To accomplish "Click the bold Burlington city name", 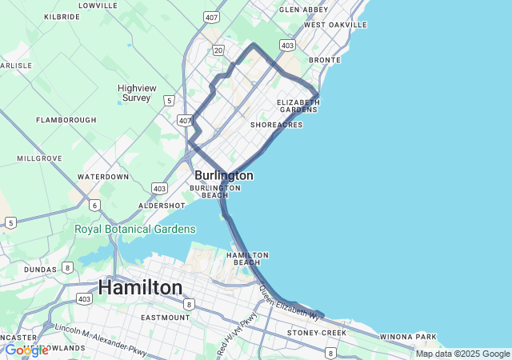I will coord(224,175).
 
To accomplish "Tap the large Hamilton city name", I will coord(140,287).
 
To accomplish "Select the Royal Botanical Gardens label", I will coord(135,229).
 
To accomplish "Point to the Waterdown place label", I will coord(103,176).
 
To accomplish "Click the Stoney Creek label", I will coord(318,332).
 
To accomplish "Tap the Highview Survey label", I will coord(137,93).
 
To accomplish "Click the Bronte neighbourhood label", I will coord(325,60).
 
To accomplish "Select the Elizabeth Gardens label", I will coord(298,106).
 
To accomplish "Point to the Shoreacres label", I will coord(276,125).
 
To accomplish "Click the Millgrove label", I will coord(38,158).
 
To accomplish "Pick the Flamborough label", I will coord(66,120).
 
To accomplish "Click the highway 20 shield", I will coord(218,50).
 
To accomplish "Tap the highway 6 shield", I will coord(94,206).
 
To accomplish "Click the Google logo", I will coord(26,350).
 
